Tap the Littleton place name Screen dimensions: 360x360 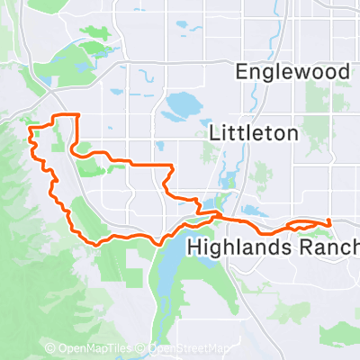coord(253,132)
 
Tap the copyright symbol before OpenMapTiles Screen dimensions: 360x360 coord(51,348)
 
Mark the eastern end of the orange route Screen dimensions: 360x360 coord(330,221)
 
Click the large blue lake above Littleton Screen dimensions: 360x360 coord(183,105)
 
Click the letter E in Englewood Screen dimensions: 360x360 coord(239,71)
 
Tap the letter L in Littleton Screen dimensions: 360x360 coord(213,132)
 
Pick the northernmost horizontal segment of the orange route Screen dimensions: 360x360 coord(66,116)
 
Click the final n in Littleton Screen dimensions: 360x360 coord(292,132)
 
